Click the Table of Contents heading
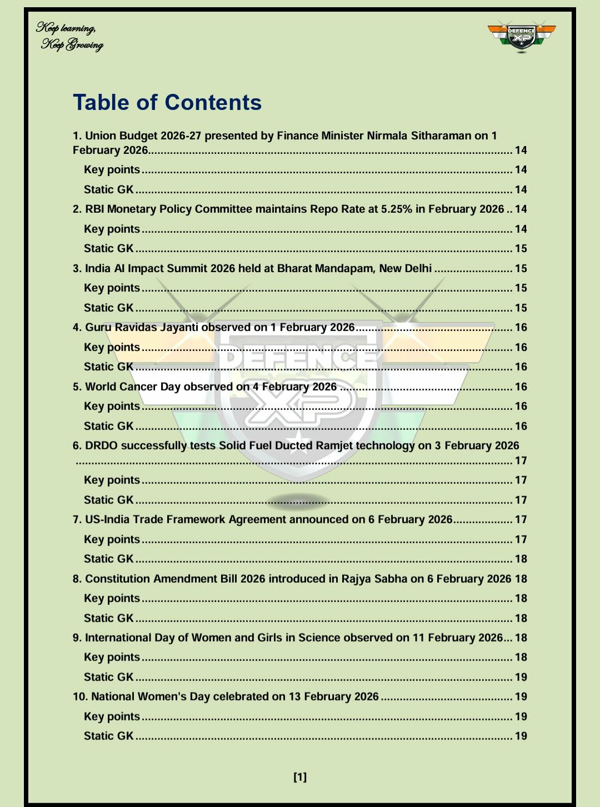[x=167, y=103]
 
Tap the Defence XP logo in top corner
[x=522, y=37]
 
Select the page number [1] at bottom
[x=300, y=777]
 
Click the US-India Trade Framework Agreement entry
[x=269, y=519]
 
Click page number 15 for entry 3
[x=521, y=268]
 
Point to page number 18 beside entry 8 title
[x=521, y=579]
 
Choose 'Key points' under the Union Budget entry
[x=112, y=170]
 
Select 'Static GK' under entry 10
[x=109, y=736]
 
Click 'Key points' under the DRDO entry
[x=112, y=480]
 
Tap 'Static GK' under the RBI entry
[x=109, y=248]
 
